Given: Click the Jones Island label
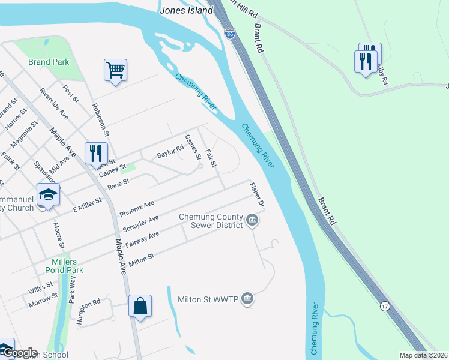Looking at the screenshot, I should coord(187,10).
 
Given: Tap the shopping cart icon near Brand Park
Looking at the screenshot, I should coord(115,70).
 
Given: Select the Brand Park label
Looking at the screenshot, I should coord(49,62).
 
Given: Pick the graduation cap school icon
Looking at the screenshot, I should coord(48,195).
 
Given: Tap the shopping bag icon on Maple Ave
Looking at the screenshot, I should coord(140,306).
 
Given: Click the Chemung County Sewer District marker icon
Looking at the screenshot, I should coord(252,222).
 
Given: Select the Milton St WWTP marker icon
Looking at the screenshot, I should coord(247,299).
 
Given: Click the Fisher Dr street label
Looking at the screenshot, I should coord(257,196).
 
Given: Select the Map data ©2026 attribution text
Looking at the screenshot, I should coord(423,355).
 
